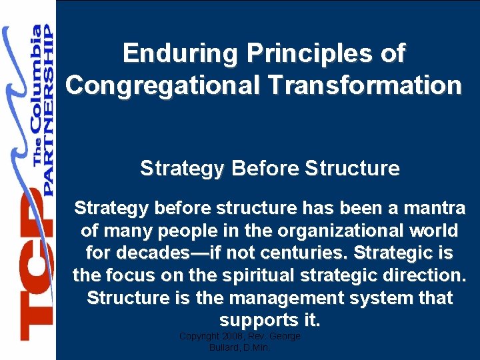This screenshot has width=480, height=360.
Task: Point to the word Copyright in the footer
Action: pyautogui.click(x=199, y=337)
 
